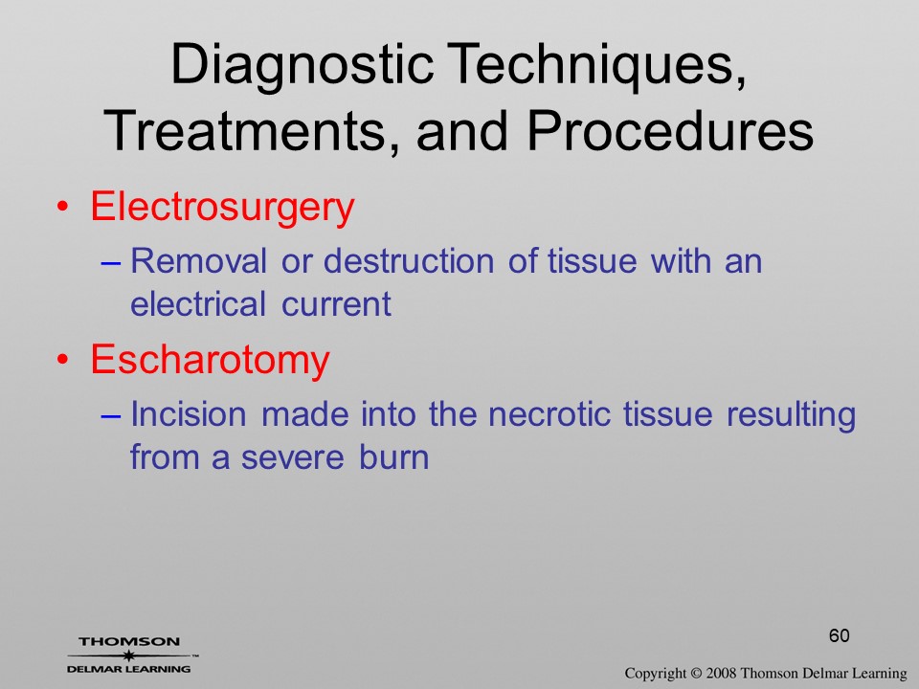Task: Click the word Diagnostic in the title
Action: click(x=302, y=66)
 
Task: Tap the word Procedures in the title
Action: click(x=670, y=130)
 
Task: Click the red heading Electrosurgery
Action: click(x=223, y=208)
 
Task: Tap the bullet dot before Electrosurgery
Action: click(x=62, y=207)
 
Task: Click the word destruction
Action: click(x=409, y=260)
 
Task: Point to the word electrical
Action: click(x=198, y=303)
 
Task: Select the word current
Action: click(x=336, y=304)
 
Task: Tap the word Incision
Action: click(x=189, y=413)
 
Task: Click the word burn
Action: click(x=394, y=457)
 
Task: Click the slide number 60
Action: click(x=840, y=635)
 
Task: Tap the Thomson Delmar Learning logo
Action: click(x=130, y=655)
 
